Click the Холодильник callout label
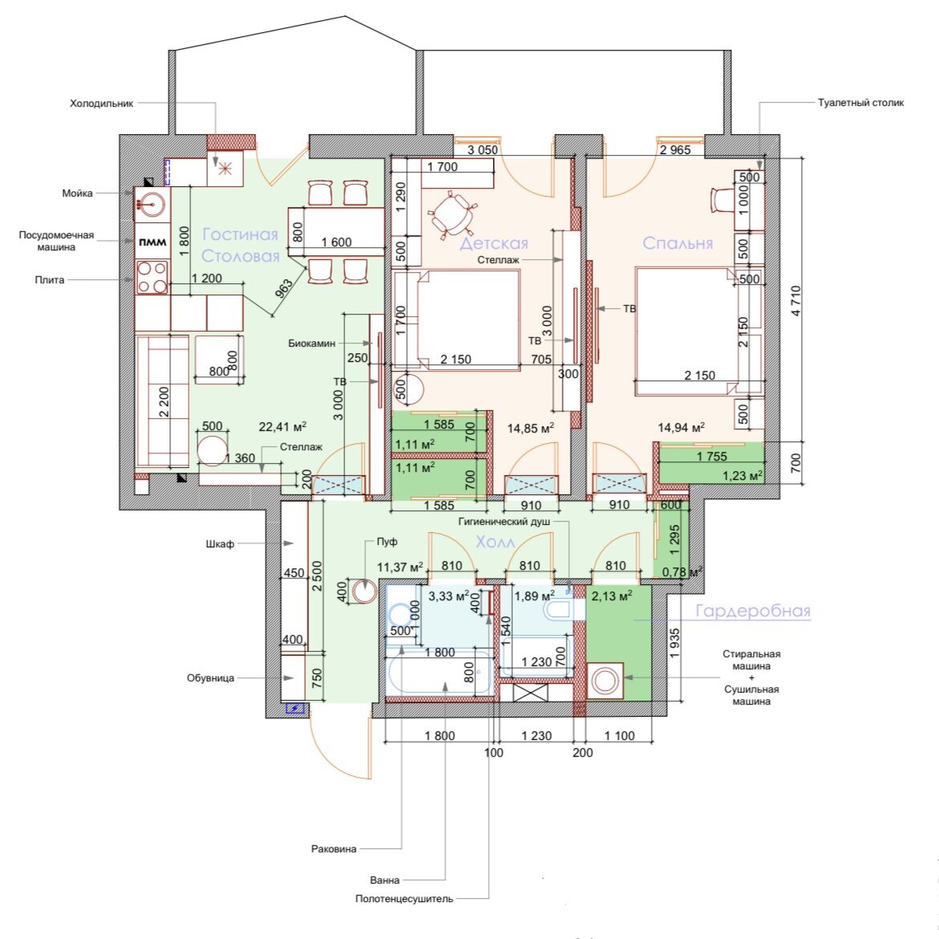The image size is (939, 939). [x=101, y=104]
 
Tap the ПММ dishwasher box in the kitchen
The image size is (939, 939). [x=152, y=242]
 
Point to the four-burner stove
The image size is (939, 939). [x=152, y=277]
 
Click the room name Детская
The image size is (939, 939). [x=494, y=243]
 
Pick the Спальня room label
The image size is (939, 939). [x=678, y=243]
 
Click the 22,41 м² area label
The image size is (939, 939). [x=283, y=427]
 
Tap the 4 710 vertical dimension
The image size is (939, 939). [x=795, y=301]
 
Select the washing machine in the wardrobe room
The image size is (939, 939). [x=605, y=681]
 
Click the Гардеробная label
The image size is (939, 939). [x=753, y=611]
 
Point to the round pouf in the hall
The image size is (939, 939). [x=364, y=591]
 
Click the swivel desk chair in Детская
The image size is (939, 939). [x=454, y=213]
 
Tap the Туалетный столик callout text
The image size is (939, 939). [x=860, y=103]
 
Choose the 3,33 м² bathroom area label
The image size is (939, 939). [x=449, y=596]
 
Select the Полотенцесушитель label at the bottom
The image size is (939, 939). [x=404, y=899]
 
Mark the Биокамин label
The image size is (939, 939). [x=311, y=343]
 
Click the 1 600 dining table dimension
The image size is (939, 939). [x=336, y=242]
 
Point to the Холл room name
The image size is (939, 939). [x=495, y=542]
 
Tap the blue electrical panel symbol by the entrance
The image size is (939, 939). [x=295, y=709]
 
